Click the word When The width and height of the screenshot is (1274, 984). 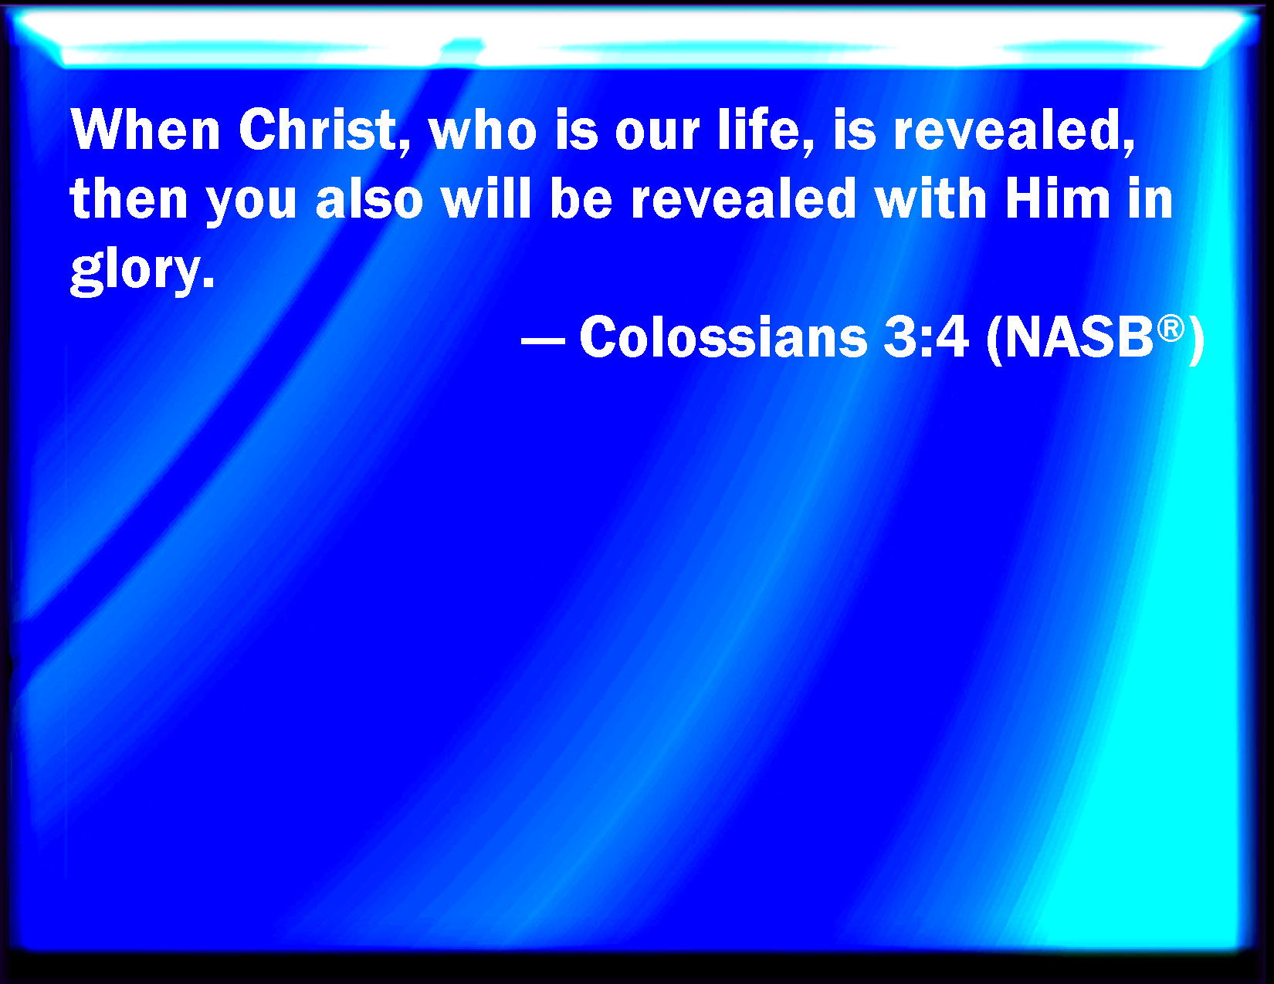coord(145,130)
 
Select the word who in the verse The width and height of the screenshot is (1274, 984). coord(483,130)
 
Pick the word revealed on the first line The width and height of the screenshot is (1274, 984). coord(1013,130)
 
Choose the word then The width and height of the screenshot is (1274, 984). coord(128,198)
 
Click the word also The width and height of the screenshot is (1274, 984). coord(369,198)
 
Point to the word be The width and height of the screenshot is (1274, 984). coord(581,198)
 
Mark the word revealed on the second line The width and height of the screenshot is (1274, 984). coord(744,198)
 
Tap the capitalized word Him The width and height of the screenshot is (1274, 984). coord(1058,198)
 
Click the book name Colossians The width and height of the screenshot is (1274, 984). coord(723,336)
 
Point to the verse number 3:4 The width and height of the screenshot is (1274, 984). coord(926,336)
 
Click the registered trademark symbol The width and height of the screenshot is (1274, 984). coord(1171,328)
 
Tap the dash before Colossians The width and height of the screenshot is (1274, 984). coord(543,340)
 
